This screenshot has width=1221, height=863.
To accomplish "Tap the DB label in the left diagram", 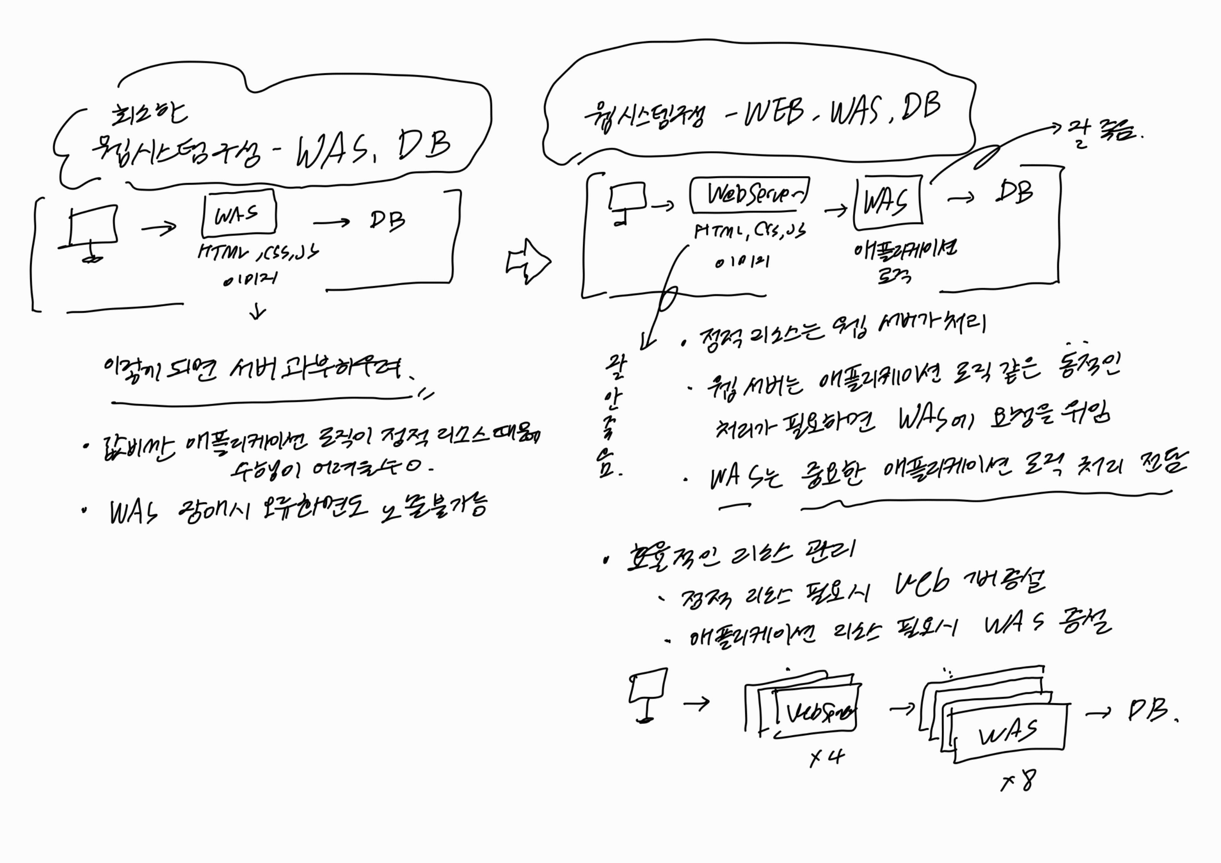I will pos(387,220).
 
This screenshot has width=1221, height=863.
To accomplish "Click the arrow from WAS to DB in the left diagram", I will pos(331,222).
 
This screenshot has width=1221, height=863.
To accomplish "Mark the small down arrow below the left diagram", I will pos(258,312).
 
